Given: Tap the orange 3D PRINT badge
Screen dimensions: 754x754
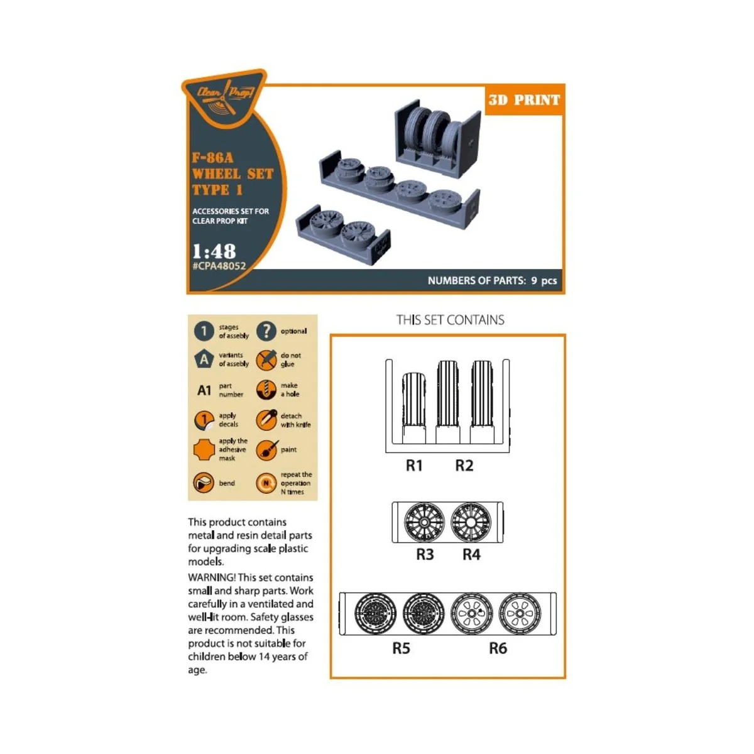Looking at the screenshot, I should pos(523,100).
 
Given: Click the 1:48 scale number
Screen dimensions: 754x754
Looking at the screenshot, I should pos(214,251).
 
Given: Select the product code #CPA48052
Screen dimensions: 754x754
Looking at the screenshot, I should pos(219,266).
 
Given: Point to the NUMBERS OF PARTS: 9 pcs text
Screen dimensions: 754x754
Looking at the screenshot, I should pos(492,281).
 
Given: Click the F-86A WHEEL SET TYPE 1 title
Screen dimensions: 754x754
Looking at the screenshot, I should pos(232,173).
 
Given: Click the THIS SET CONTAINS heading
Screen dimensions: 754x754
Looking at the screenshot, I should pos(450,320).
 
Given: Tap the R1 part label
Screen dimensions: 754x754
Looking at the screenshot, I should pos(414,466).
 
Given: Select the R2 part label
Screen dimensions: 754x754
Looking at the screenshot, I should pos(464,466).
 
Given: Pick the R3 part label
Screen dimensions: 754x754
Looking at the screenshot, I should pos(425,555).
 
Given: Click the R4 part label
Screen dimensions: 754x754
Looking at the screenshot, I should pos(471,555).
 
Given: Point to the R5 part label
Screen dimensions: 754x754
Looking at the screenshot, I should pos(401,648).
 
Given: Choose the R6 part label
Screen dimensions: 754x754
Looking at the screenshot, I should pos(498,648).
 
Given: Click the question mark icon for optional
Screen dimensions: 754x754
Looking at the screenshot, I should pos(266,331).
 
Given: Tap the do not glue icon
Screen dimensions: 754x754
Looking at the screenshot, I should pos(266,360).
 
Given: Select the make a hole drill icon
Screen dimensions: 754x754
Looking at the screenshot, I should pos(266,390).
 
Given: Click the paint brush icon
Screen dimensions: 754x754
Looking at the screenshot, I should pos(266,450).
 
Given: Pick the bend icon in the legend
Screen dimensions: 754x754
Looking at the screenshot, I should pos(204,483).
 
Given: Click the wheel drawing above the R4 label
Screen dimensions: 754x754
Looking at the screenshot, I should pos(471,522).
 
